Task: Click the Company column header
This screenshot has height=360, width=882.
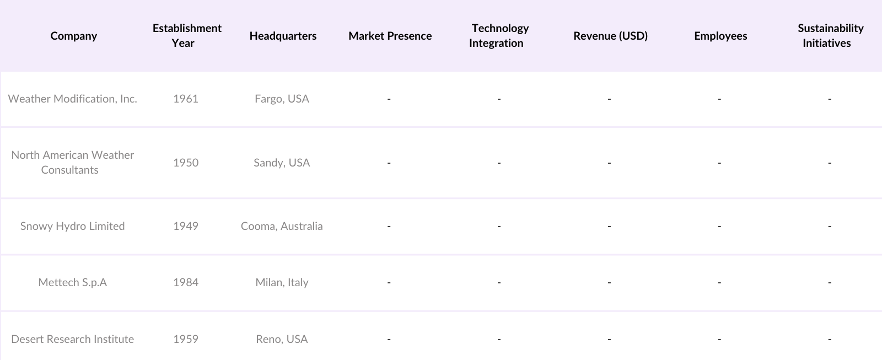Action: [x=73, y=36]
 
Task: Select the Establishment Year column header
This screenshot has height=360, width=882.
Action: [x=187, y=35]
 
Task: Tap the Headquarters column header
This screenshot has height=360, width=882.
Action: [x=283, y=36]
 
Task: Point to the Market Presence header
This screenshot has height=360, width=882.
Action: [x=390, y=36]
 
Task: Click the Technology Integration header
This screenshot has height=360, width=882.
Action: [x=499, y=35]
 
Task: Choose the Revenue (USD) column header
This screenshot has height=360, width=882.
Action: [x=610, y=36]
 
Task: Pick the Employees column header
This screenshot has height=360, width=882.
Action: [x=720, y=36]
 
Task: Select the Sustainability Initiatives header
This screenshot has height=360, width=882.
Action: [x=830, y=35]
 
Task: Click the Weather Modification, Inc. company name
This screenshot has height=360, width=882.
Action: [x=72, y=99]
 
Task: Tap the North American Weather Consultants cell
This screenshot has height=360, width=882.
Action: [x=72, y=162]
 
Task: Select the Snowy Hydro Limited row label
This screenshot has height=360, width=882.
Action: [x=72, y=226]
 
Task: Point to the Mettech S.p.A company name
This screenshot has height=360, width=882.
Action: [x=72, y=282]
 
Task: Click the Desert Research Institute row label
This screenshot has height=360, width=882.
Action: [x=72, y=339]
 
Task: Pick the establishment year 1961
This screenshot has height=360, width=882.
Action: [x=185, y=99]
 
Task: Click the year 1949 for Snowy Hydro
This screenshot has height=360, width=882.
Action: [x=185, y=226]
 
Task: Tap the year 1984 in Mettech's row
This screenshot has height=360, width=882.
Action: [x=185, y=282]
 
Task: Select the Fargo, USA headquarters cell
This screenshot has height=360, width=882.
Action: [x=282, y=99]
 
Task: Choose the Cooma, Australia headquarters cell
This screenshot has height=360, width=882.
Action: [x=282, y=226]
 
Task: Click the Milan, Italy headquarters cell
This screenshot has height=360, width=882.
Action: [x=282, y=282]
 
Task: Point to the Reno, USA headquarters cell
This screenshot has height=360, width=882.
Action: [x=282, y=339]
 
